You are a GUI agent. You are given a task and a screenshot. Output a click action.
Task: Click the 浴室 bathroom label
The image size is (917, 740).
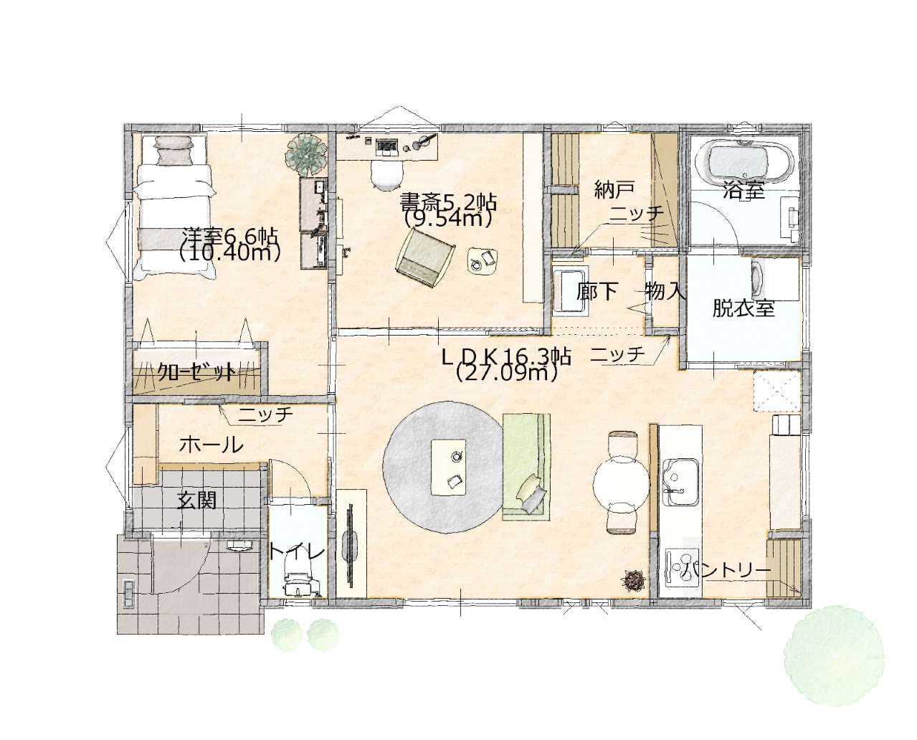pyautogui.click(x=743, y=191)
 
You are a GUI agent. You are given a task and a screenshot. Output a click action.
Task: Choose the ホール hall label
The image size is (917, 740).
pyautogui.click(x=211, y=445)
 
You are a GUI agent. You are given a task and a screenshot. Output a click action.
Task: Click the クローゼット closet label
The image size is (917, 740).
pyautogui.click(x=196, y=372)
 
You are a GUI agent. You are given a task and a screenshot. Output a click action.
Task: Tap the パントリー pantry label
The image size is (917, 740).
pyautogui.click(x=726, y=570)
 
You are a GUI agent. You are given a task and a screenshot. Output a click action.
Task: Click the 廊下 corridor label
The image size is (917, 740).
pyautogui.click(x=597, y=292)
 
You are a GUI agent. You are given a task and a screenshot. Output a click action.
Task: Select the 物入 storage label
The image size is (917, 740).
pyautogui.click(x=665, y=292)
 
